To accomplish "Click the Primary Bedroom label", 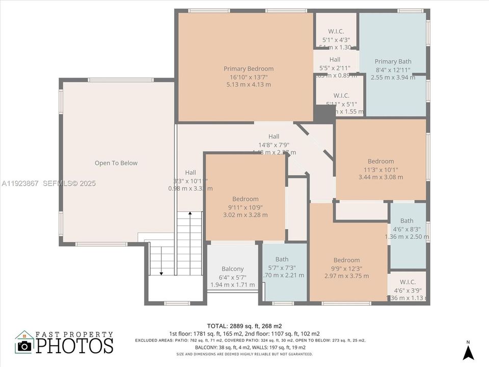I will click(249, 69).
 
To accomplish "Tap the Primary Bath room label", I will click(393, 62).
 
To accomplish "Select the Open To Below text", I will click(116, 163).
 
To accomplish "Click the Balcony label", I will click(232, 269).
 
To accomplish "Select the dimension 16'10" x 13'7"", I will click(249, 77).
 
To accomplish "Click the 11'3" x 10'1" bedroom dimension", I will click(381, 170).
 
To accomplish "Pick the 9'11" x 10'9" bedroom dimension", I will click(246, 207).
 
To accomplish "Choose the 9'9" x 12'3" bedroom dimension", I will click(346, 268).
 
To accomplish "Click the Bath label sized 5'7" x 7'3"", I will click(282, 259).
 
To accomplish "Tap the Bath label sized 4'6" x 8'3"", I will click(406, 221).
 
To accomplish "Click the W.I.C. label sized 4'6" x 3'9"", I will click(407, 282).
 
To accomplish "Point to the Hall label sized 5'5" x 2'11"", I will click(335, 60).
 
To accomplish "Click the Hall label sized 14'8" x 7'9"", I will click(274, 137).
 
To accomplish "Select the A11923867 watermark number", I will click(20, 183).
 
